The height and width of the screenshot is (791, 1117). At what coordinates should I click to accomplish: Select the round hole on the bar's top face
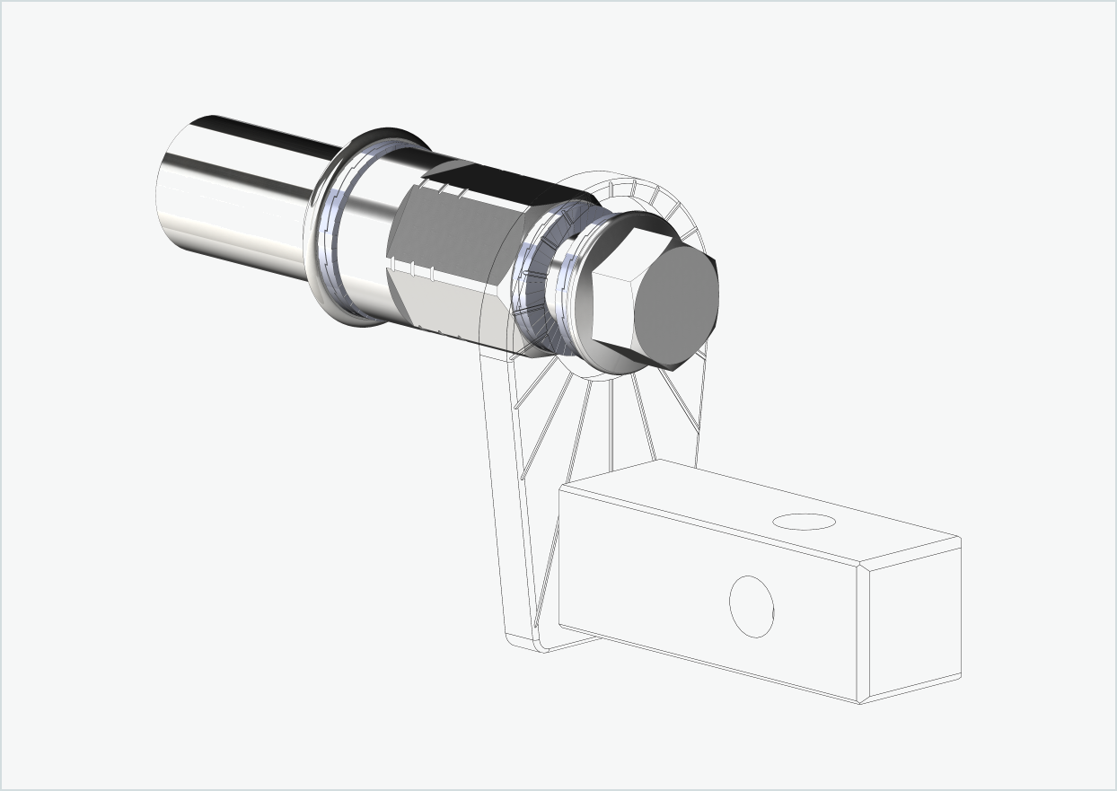tap(805, 522)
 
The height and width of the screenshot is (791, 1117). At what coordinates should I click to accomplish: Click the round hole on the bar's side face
tap(752, 607)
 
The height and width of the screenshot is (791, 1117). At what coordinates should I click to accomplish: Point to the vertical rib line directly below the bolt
tap(611, 422)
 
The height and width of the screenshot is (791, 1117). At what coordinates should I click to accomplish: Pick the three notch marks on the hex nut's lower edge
tap(412, 268)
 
